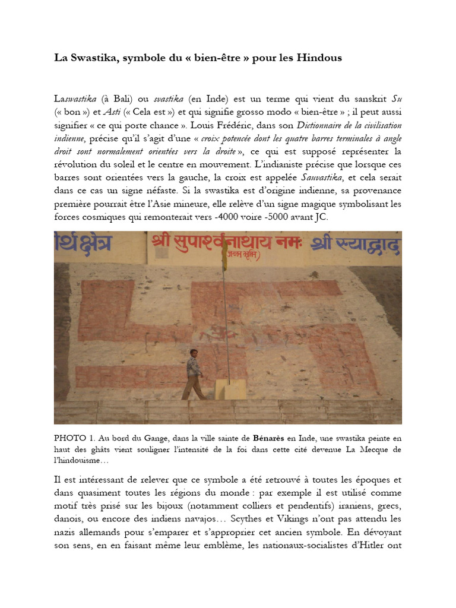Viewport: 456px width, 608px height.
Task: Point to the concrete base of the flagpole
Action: click(230, 389)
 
